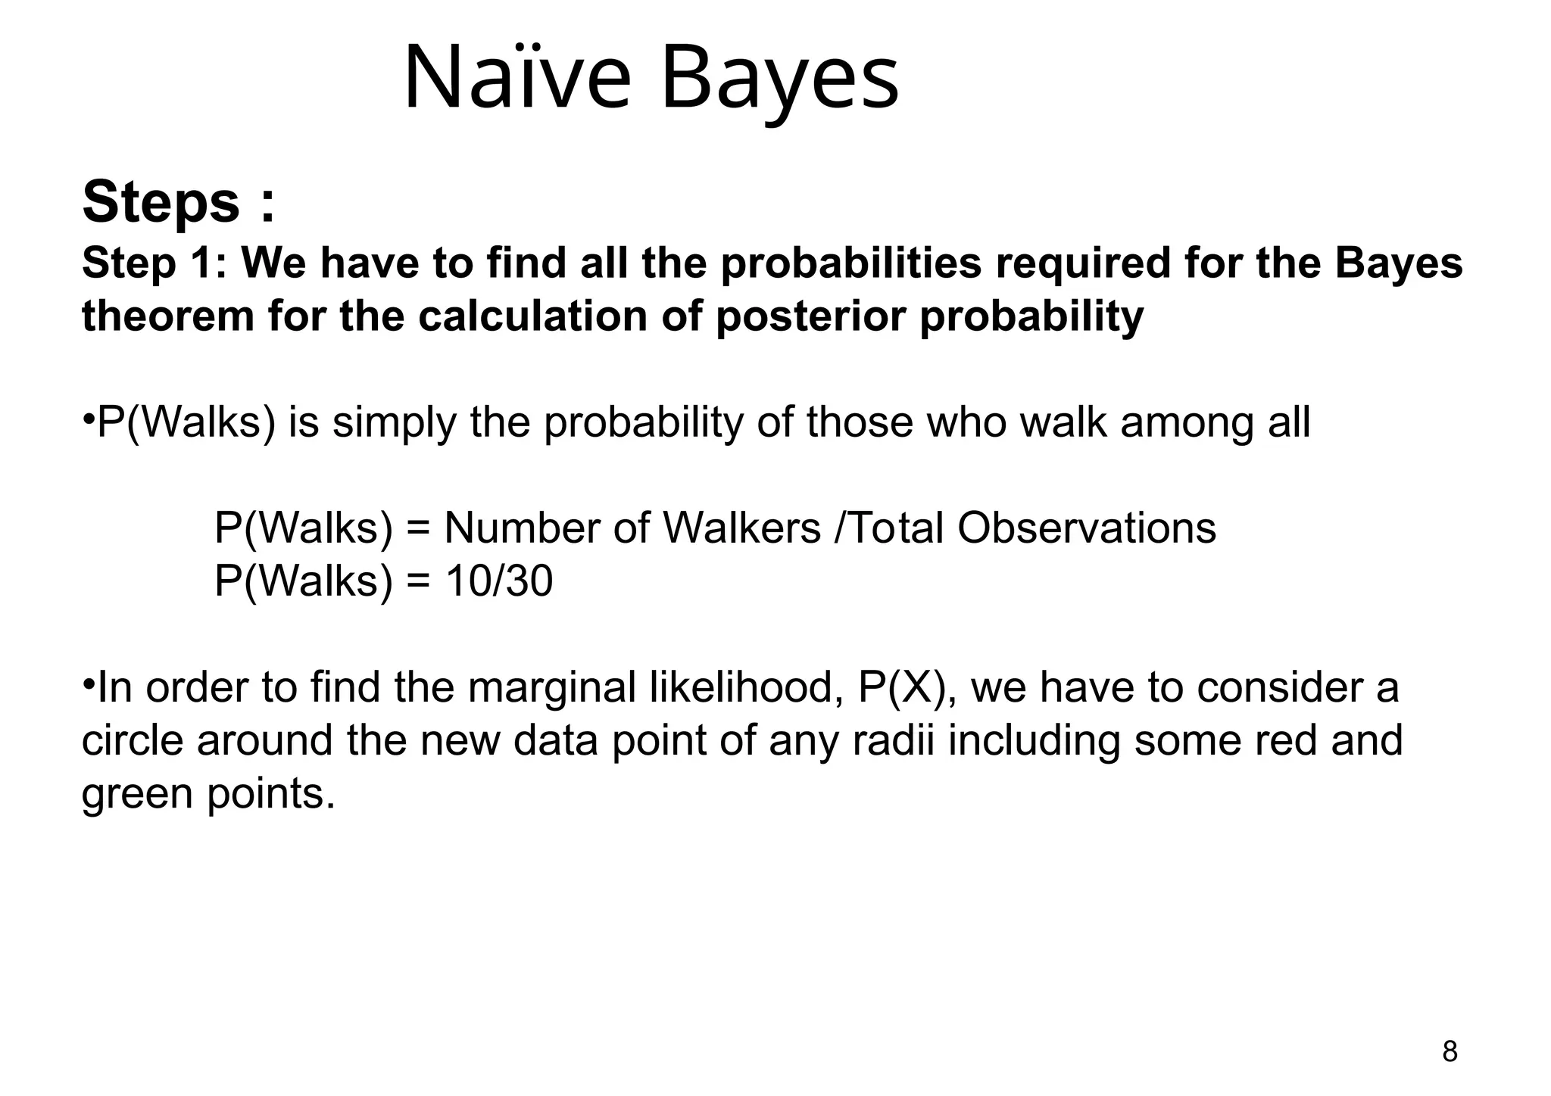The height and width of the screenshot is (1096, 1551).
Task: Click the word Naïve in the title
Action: pyautogui.click(x=516, y=78)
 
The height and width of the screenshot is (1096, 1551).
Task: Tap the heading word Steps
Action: pyautogui.click(x=161, y=202)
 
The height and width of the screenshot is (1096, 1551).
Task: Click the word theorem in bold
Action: pyautogui.click(x=168, y=316)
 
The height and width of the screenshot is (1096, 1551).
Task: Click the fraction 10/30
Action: pyautogui.click(x=499, y=581)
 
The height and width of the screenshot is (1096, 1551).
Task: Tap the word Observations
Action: pyautogui.click(x=1087, y=528)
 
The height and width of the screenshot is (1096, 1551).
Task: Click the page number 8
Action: pyautogui.click(x=1450, y=1052)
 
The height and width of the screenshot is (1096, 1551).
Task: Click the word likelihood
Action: pyautogui.click(x=747, y=688)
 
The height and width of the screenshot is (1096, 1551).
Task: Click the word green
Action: pyautogui.click(x=136, y=794)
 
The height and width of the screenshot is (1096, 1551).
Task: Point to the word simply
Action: pyautogui.click(x=395, y=422)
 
